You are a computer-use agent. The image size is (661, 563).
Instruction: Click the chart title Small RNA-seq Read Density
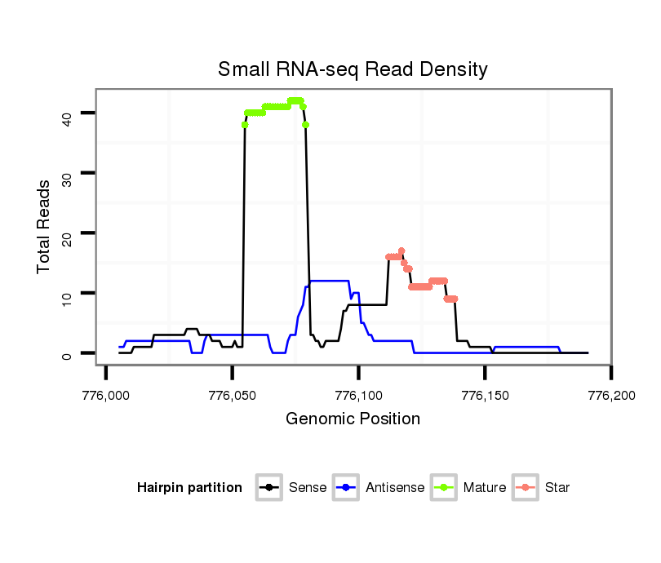[x=353, y=69]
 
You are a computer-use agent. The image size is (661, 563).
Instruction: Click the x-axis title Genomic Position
[x=353, y=419]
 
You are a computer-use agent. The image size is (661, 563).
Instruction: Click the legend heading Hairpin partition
[x=189, y=488]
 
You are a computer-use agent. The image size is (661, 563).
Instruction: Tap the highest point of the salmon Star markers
[x=401, y=250]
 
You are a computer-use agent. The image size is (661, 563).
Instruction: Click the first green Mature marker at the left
[x=245, y=125]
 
